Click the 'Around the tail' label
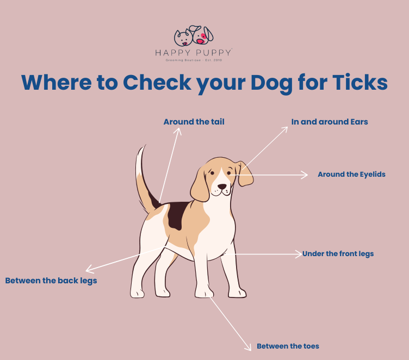[194, 122]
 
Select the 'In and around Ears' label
[330, 122]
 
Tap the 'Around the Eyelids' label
[351, 174]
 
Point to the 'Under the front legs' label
[338, 254]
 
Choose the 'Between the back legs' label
[51, 281]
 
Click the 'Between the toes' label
[288, 346]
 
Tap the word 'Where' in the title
[57, 82]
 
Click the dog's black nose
[222, 187]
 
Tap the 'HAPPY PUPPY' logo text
[193, 53]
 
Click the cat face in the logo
[183, 38]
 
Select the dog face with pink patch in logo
[203, 35]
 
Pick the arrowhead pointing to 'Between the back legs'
[89, 269]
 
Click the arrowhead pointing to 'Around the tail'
[178, 131]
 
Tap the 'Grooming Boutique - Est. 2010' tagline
[194, 60]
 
